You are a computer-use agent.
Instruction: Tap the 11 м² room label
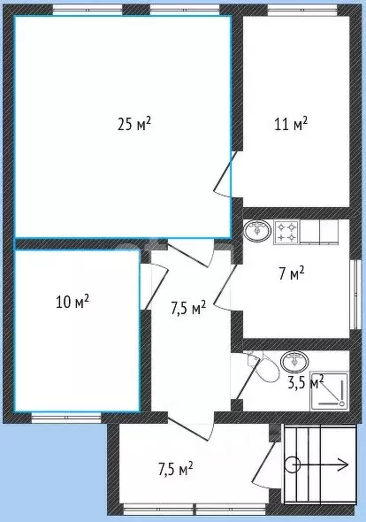pos(291,124)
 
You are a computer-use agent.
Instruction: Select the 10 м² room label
pos(72,302)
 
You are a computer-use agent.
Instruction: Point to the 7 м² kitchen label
pos(292,273)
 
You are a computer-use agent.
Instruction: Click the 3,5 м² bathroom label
pos(305,382)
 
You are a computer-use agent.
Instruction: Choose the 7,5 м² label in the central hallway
pos(188,308)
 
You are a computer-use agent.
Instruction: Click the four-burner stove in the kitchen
pos(286,232)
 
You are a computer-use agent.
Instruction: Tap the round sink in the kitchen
pos(257,231)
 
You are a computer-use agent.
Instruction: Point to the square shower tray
pos(329,390)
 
